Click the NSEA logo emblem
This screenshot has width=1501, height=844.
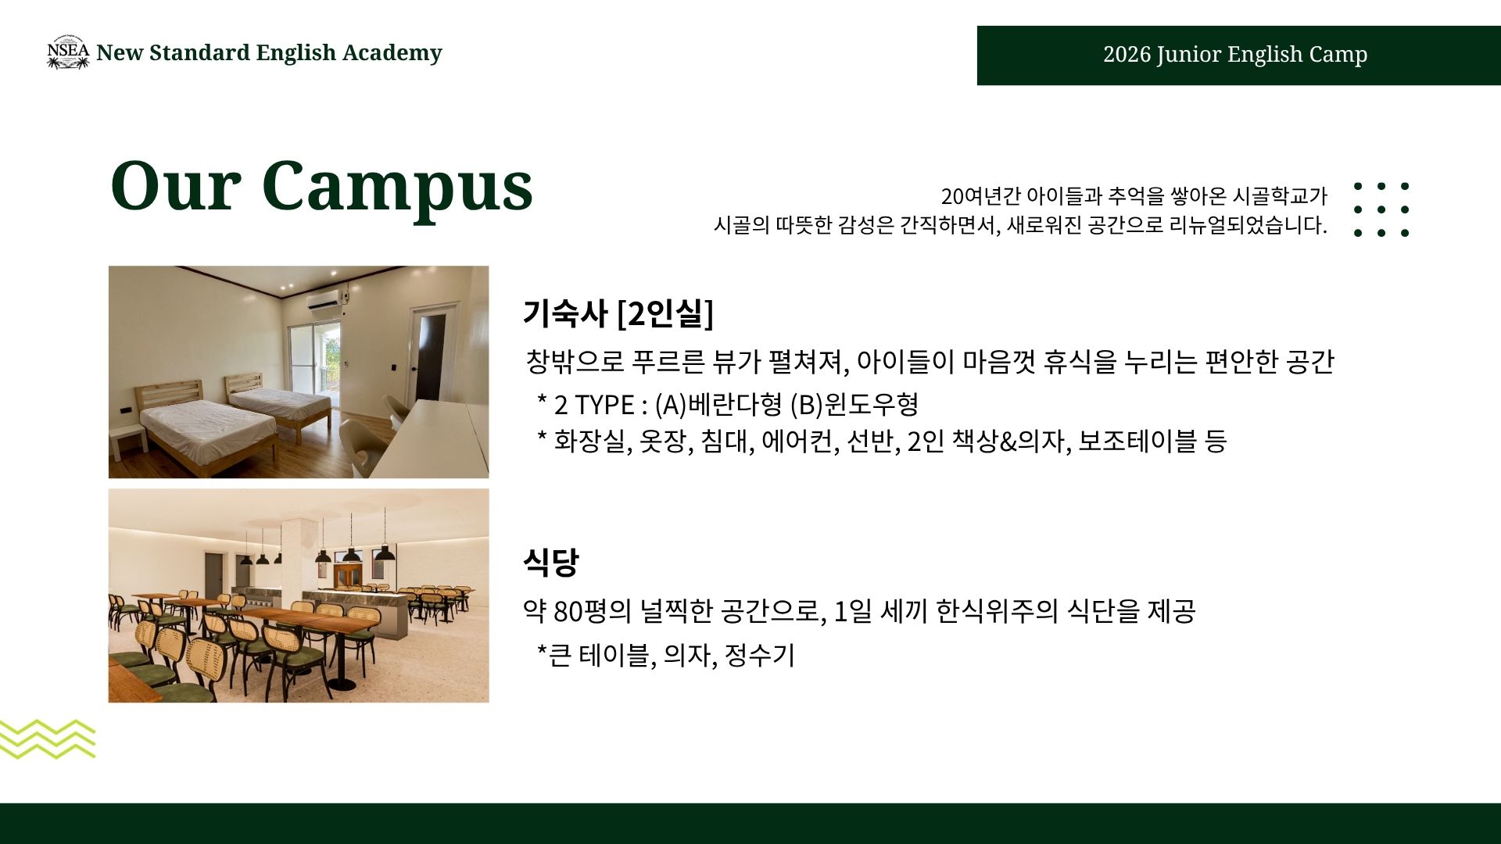pyautogui.click(x=68, y=52)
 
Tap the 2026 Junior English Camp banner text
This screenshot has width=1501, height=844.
pyautogui.click(x=1235, y=55)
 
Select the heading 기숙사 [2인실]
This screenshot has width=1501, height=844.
pyautogui.click(x=618, y=313)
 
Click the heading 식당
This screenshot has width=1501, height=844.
pyautogui.click(x=551, y=562)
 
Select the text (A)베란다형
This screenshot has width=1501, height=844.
pyautogui.click(x=718, y=405)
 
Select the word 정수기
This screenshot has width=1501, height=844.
pyautogui.click(x=759, y=655)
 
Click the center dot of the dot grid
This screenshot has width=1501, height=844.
pyautogui.click(x=1381, y=209)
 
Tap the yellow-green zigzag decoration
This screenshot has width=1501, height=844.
pyautogui.click(x=47, y=738)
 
